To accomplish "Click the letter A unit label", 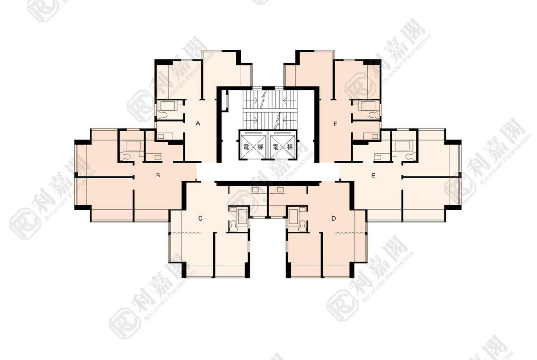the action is point(198,123).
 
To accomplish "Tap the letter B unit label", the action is point(158,175).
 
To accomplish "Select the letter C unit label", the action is point(201,218).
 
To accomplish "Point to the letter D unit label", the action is point(334,218).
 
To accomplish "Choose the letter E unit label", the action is point(373,176).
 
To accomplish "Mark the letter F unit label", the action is point(336,123).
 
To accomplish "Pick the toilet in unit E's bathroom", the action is point(409,157).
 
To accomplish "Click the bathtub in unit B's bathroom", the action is point(133,146).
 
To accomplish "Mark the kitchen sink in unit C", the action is point(255,189).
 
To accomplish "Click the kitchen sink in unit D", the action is point(281,189).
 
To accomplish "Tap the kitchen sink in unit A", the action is point(161,136).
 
